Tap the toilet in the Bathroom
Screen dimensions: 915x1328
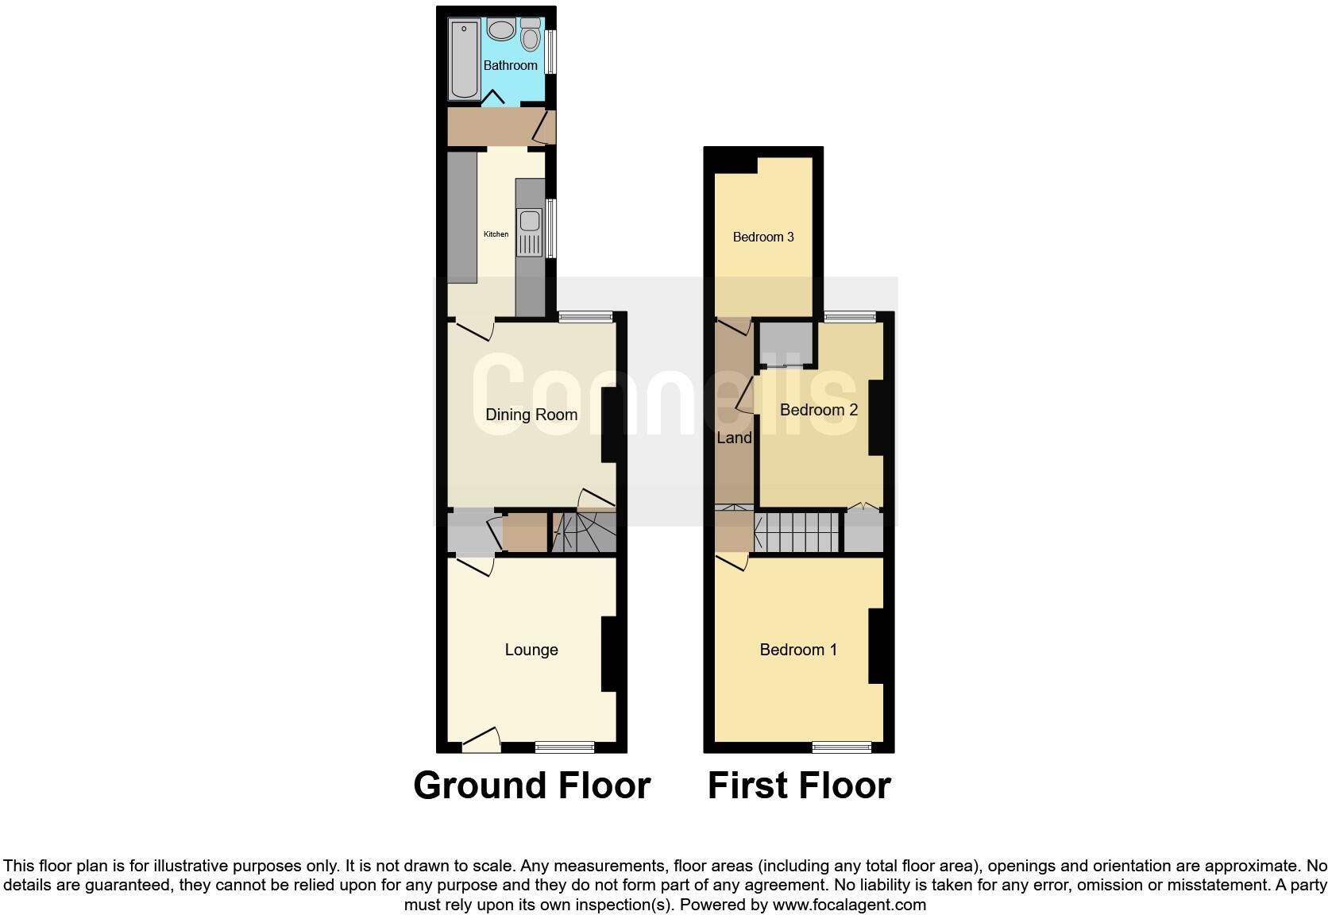pos(531,36)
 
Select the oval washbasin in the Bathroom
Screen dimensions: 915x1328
pos(501,31)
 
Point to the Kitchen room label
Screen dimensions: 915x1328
pos(496,234)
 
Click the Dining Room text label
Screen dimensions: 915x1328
pos(531,415)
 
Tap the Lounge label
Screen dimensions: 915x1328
pos(531,650)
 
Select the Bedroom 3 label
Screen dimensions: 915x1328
pos(763,237)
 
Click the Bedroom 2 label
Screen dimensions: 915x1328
pos(819,410)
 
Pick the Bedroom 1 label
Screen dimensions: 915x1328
pos(798,650)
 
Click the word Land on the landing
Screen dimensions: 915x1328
pos(734,438)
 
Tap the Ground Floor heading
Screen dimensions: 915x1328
pos(531,786)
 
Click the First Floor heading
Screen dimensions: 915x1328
pos(799,786)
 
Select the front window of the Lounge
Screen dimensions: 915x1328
pos(565,746)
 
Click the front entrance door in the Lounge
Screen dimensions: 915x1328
pos(481,742)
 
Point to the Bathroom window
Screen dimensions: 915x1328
pos(550,52)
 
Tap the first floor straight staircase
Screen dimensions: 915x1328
pos(797,532)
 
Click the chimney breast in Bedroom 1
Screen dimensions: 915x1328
pos(876,646)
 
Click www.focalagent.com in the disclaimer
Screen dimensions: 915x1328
pos(849,905)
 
